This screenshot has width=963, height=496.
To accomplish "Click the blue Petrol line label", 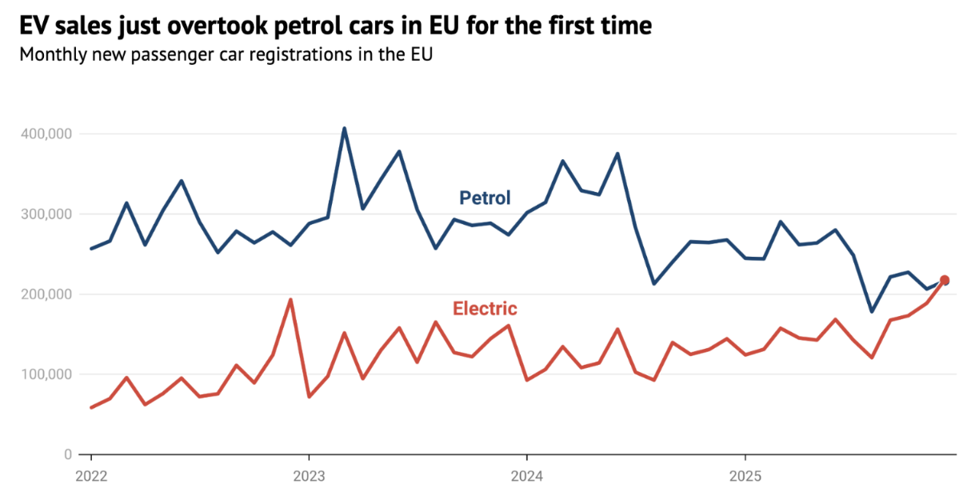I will tap(485, 198).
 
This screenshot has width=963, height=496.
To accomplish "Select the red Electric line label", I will tap(485, 308).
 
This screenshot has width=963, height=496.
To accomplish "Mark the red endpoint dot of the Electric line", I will tap(945, 280).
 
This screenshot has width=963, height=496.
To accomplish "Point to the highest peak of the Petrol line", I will tap(344, 128).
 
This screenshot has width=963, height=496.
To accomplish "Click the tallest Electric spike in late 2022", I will tap(290, 299).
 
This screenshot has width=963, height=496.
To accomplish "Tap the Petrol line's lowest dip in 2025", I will tap(871, 311).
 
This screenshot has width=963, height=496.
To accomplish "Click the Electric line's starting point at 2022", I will tap(91, 407).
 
